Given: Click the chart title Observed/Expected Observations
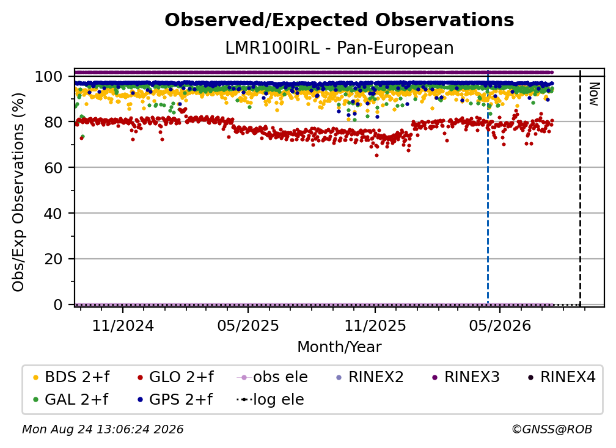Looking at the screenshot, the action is (339, 20).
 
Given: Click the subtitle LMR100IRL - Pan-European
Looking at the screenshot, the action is (339, 48).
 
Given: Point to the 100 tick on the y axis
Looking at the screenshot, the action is (48, 76).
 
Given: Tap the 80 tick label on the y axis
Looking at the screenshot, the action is (53, 122).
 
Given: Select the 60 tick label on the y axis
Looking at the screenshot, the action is (53, 167).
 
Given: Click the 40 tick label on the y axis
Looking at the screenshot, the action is (53, 214).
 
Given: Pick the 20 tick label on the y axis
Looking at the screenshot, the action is (53, 259).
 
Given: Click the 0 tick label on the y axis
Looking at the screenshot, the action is (57, 305).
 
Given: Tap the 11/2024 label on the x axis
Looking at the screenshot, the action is (123, 325).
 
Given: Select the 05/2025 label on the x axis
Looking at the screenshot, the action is (248, 325).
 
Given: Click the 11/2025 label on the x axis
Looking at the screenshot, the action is (375, 325).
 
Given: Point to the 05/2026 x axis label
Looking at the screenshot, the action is (500, 325).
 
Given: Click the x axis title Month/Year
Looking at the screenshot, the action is (339, 347).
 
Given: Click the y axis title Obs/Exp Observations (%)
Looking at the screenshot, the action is (18, 192).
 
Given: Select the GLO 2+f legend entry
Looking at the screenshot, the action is (175, 377).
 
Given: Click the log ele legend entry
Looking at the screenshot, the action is (270, 399).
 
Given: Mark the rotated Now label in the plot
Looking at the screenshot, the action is (593, 94).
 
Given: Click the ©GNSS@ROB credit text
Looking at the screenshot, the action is (552, 429).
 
